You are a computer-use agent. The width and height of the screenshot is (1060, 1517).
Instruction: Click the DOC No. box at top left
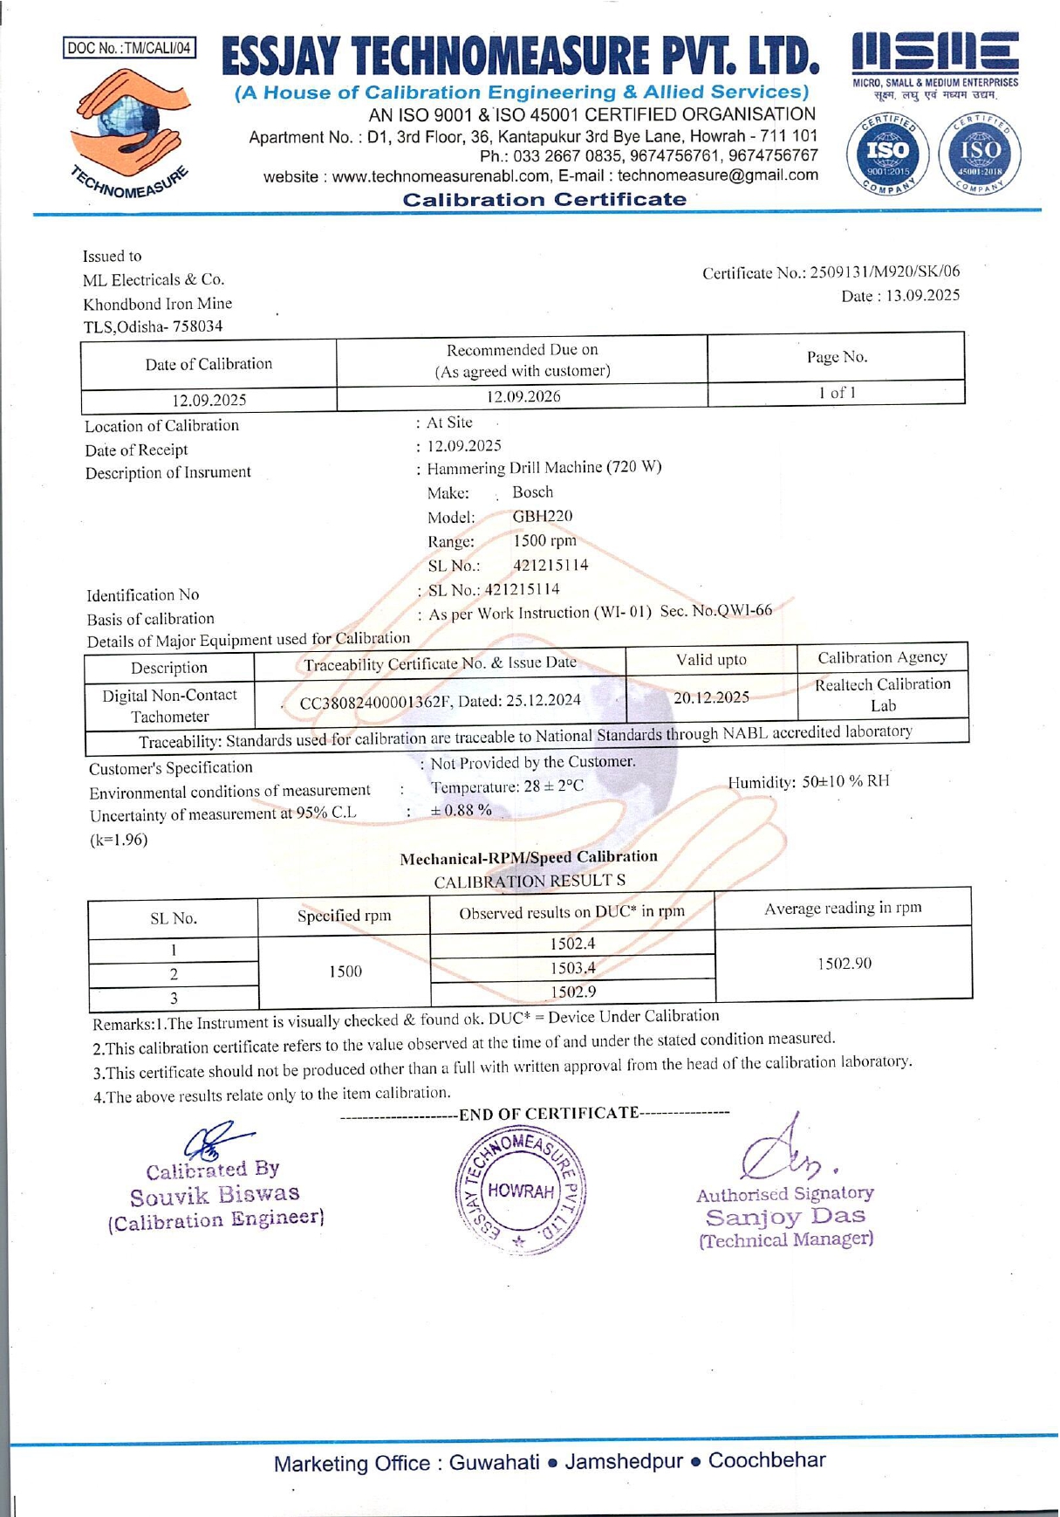[x=129, y=48]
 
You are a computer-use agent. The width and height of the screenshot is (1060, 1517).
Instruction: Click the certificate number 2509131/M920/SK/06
[x=885, y=272]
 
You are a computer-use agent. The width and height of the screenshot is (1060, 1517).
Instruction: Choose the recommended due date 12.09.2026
[x=523, y=397]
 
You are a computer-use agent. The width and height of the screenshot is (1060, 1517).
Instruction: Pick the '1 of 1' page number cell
[x=836, y=393]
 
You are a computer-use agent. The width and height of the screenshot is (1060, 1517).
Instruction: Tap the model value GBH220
[x=543, y=516]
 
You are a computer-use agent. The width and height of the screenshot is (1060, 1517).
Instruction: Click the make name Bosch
[x=532, y=492]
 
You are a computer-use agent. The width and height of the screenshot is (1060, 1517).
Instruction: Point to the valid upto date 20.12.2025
[x=711, y=697]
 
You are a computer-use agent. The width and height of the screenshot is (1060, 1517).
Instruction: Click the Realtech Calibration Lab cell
[x=882, y=695]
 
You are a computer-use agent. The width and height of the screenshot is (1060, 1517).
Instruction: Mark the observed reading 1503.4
[x=572, y=967]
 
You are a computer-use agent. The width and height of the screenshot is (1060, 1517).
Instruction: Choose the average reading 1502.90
[x=844, y=964]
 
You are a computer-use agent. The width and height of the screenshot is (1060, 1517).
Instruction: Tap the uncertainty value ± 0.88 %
[x=462, y=810]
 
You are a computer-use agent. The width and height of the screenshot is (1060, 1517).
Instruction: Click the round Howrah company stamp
[x=522, y=1191]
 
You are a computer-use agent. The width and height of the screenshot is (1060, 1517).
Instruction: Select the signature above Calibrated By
[x=215, y=1139]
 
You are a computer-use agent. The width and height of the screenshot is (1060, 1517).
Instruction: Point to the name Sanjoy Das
[x=785, y=1217]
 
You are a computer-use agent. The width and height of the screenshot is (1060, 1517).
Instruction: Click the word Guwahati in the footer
[x=494, y=1463]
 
